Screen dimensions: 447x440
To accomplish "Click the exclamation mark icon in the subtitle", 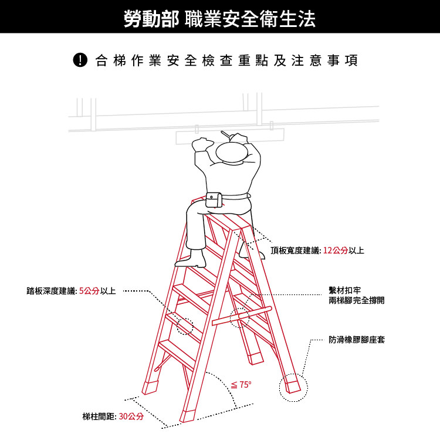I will (80, 60).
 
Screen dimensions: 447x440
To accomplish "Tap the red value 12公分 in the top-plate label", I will (335, 251).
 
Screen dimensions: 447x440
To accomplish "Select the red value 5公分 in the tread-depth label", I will (89, 291).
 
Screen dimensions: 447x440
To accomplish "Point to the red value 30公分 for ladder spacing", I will (131, 417).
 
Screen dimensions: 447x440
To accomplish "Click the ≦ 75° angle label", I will (241, 385).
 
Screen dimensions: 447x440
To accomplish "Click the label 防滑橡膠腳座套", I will (357, 340).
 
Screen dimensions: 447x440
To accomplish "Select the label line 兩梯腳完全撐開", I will (357, 300).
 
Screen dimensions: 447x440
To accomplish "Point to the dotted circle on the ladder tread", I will (185, 326).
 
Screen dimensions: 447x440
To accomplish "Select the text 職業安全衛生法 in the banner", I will (250, 18).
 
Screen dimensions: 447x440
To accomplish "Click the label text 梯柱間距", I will (99, 417).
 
